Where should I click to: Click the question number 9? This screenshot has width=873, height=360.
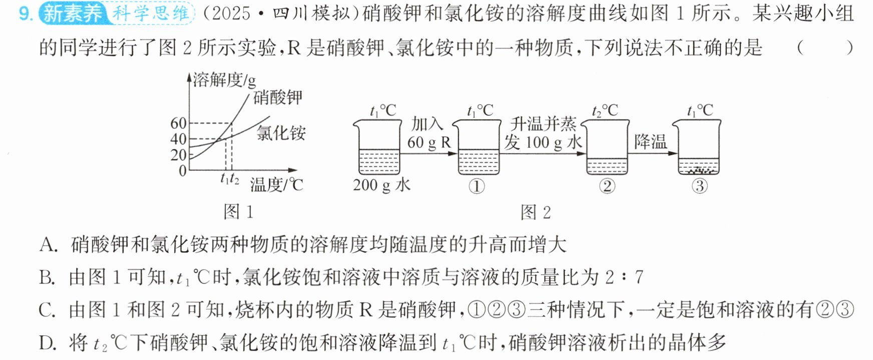pyautogui.click(x=25, y=14)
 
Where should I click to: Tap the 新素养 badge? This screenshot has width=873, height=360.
pyautogui.click(x=73, y=14)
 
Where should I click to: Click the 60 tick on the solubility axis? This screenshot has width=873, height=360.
pyautogui.click(x=179, y=123)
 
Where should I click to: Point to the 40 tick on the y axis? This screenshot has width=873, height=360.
pyautogui.click(x=179, y=139)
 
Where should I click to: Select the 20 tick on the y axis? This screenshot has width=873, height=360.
pyautogui.click(x=179, y=155)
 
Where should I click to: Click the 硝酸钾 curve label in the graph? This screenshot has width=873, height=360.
pyautogui.click(x=278, y=97)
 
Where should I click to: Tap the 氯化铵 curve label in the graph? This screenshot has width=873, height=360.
pyautogui.click(x=281, y=133)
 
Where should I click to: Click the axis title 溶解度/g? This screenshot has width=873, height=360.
pyautogui.click(x=224, y=80)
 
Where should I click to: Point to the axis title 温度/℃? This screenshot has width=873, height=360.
pyautogui.click(x=277, y=185)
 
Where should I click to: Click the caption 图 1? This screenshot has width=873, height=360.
pyautogui.click(x=238, y=212)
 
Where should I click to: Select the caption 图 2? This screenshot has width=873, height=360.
pyautogui.click(x=536, y=212)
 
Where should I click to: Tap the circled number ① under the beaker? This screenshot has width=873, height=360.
pyautogui.click(x=477, y=186)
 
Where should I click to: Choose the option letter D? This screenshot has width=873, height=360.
pyautogui.click(x=48, y=343)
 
